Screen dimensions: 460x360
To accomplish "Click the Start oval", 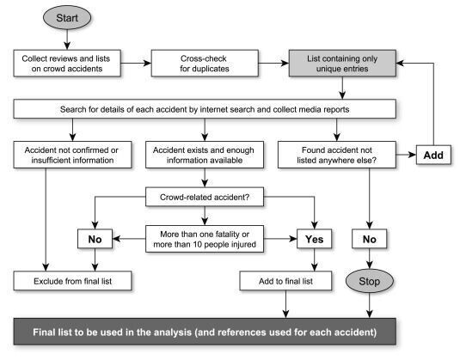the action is pos(67,17).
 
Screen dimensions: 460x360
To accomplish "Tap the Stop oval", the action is pos(370,281).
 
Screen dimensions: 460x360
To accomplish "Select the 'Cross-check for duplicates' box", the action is pos(205,64).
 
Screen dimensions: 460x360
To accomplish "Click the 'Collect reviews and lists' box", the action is pos(67,64).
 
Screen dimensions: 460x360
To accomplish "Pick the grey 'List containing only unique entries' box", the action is pos(342,64).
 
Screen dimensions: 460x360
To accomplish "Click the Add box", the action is pos(433,155).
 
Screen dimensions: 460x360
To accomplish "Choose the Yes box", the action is pos(314,239).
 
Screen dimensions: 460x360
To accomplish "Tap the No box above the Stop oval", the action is pos(370,239).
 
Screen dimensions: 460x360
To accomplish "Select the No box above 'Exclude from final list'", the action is pos(95,239).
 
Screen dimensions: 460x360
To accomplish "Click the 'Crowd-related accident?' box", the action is pos(205,197).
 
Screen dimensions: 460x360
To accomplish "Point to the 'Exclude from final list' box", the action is pos(72,281).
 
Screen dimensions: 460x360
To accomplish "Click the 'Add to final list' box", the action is pos(285,281).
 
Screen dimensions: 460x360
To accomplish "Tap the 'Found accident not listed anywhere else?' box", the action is pos(337,155).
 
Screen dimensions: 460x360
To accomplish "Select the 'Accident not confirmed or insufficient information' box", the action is pos(72,155).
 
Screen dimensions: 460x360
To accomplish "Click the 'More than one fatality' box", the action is pos(205,239).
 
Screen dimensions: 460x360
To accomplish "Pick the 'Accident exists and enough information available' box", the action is pos(205,155).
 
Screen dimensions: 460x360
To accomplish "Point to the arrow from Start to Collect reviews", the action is pos(67,40).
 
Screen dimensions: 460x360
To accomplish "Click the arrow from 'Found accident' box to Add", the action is pos(407,155).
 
